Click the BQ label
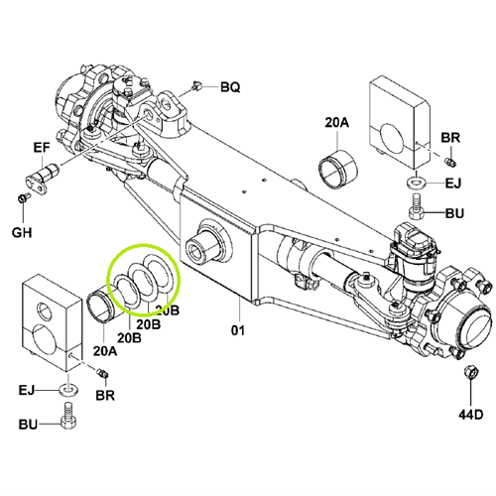coord(230,87)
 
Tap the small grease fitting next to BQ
coord(196,85)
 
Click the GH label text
coord(22,233)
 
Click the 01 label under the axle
coord(238,330)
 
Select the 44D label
coord(470,414)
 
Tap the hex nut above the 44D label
coord(470,372)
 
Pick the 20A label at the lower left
coord(105,351)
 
